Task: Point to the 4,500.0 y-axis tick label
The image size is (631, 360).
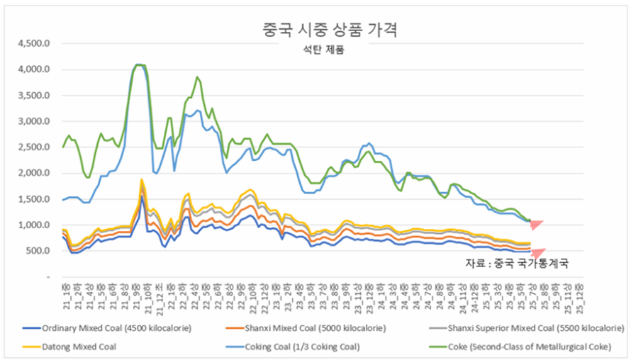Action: pyautogui.click(x=33, y=43)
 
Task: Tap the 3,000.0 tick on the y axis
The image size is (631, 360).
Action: pyautogui.click(x=33, y=121)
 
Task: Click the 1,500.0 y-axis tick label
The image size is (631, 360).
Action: pyautogui.click(x=33, y=199)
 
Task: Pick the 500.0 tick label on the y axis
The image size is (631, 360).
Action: pyautogui.click(x=37, y=251)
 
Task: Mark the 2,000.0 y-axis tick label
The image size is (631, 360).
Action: pyautogui.click(x=33, y=173)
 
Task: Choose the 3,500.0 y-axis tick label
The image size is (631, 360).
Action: pyautogui.click(x=33, y=95)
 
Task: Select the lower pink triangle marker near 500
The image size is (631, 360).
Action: pyautogui.click(x=537, y=253)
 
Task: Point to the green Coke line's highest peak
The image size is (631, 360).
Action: pyautogui.click(x=139, y=64)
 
